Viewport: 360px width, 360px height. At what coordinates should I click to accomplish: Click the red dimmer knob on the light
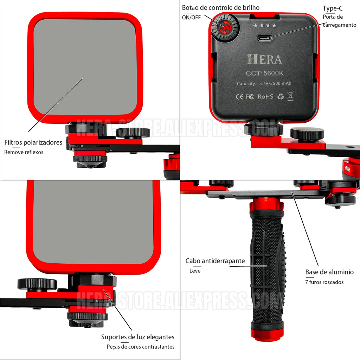pyautogui.click(x=225, y=28)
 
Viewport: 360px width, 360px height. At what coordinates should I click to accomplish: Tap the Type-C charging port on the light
pyautogui.click(x=265, y=38)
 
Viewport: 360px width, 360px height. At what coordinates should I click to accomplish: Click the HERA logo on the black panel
pyautogui.click(x=264, y=59)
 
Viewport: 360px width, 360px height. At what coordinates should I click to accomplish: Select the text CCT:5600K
pyautogui.click(x=264, y=73)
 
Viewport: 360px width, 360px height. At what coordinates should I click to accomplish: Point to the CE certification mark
pyautogui.click(x=239, y=97)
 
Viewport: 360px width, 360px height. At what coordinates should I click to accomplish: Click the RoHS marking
pyautogui.click(x=265, y=97)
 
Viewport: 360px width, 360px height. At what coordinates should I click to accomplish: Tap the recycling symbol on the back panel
pyautogui.click(x=280, y=96)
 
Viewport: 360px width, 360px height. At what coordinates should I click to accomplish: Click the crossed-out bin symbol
pyautogui.click(x=290, y=96)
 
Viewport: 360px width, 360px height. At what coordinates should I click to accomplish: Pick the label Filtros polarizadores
pyautogui.click(x=33, y=143)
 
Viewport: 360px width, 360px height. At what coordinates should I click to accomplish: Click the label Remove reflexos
pyautogui.click(x=24, y=152)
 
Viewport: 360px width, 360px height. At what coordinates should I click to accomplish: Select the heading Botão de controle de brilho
pyautogui.click(x=221, y=8)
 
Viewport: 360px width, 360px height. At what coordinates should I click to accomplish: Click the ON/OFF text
pyautogui.click(x=191, y=18)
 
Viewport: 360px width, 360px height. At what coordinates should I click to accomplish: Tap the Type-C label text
pyautogui.click(x=333, y=8)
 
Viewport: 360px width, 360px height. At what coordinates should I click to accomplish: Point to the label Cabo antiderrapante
pyautogui.click(x=215, y=261)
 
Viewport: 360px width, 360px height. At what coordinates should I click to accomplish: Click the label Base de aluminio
pyautogui.click(x=329, y=272)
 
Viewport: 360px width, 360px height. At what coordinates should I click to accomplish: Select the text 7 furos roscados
pyautogui.click(x=324, y=282)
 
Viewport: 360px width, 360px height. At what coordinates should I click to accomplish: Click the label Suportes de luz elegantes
pyautogui.click(x=138, y=337)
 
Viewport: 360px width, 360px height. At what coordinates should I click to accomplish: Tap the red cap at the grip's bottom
pyautogui.click(x=267, y=335)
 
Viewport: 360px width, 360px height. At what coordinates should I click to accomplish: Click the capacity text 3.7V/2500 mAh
pyautogui.click(x=275, y=83)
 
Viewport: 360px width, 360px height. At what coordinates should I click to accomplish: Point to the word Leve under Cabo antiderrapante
pyautogui.click(x=195, y=271)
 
